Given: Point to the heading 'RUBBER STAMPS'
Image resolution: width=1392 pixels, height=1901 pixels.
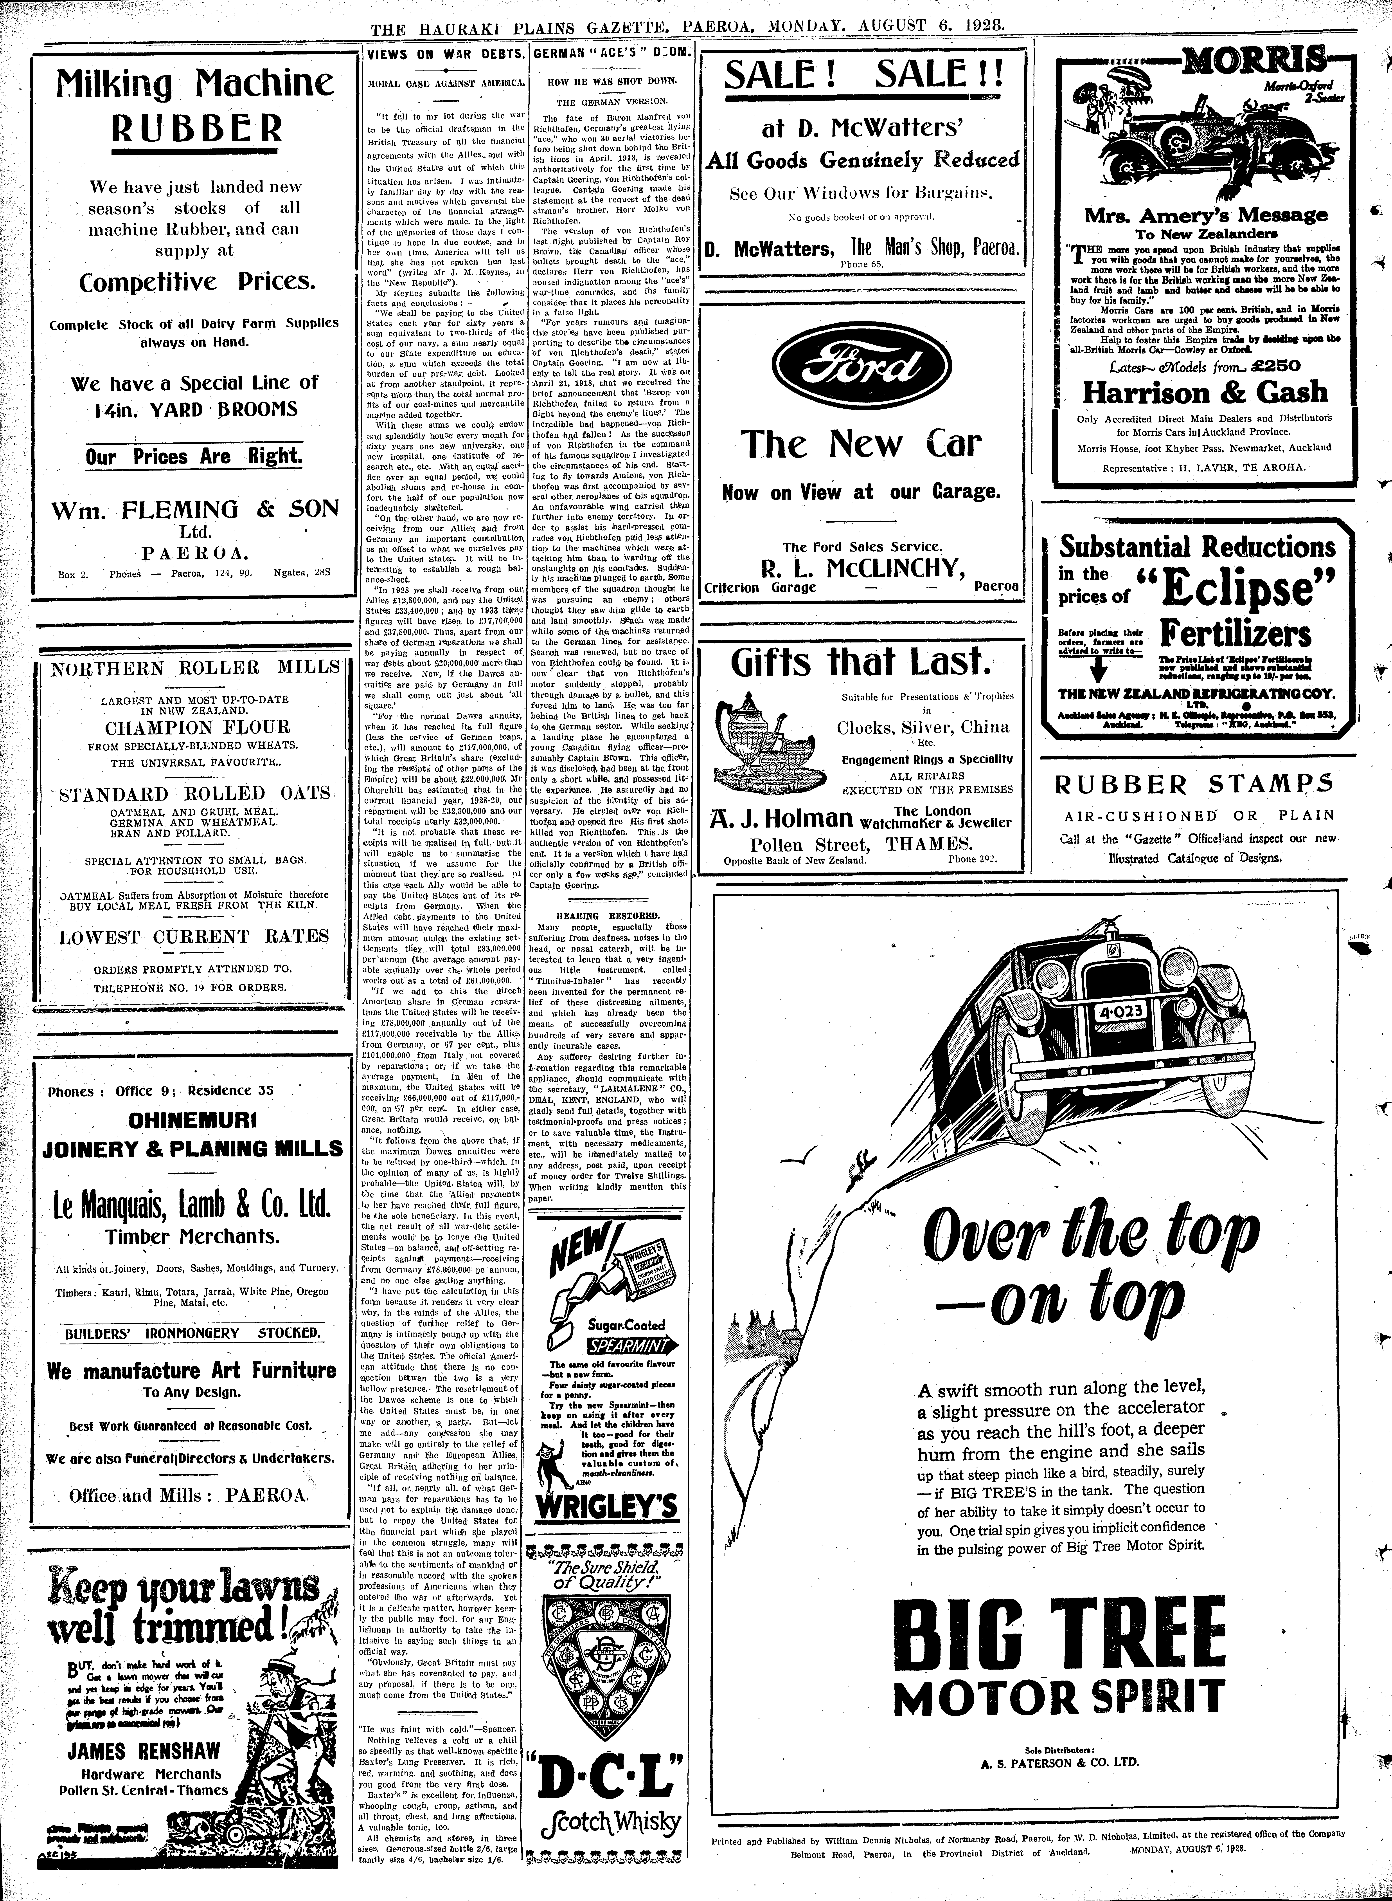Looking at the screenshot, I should click(x=1195, y=784).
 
